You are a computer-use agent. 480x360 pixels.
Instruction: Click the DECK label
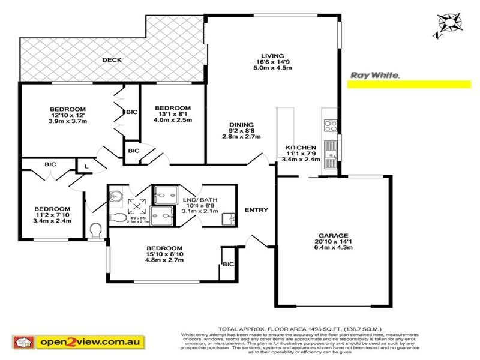[x=112, y=60]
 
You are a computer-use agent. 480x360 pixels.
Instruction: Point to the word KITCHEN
[x=301, y=148]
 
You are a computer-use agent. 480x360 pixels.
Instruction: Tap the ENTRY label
[x=256, y=210]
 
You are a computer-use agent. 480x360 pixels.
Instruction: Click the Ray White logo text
[x=374, y=76]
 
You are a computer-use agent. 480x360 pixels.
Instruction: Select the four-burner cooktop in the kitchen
[x=330, y=125]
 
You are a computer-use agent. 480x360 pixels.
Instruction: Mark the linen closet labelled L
[x=87, y=165]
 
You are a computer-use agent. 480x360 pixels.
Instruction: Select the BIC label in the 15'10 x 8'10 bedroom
[x=228, y=264]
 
